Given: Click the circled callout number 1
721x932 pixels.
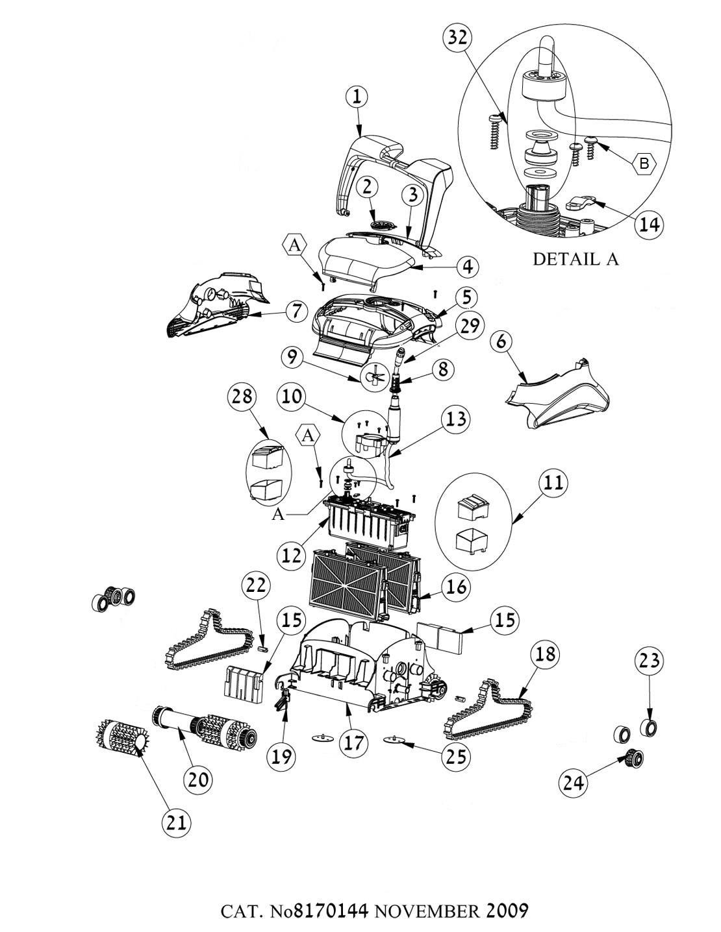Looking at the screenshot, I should tap(356, 97).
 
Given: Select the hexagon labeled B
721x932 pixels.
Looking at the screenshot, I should tap(644, 164).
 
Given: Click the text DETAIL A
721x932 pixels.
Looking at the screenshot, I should tap(576, 259).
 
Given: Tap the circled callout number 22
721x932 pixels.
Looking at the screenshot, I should tap(255, 586).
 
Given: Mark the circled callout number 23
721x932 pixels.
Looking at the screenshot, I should tap(650, 661).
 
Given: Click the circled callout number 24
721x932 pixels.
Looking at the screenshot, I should tap(574, 783).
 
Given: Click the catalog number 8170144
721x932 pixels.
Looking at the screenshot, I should tap(331, 911).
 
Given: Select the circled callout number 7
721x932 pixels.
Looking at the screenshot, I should tap(296, 311).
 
